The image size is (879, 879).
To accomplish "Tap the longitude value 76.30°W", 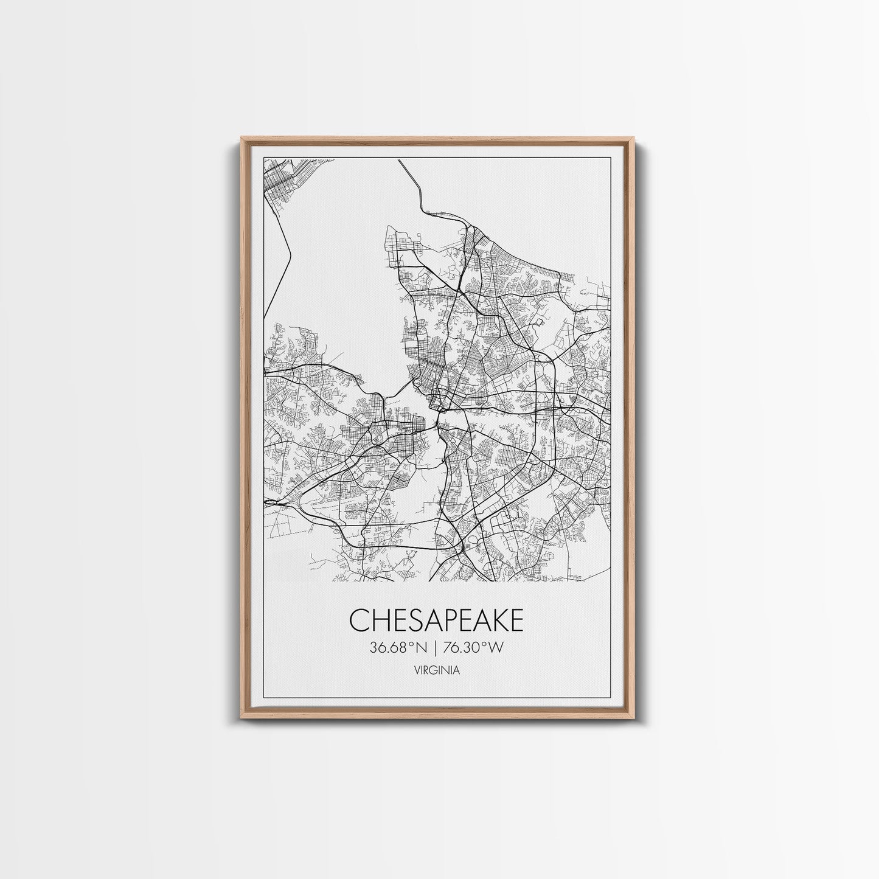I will click(474, 648).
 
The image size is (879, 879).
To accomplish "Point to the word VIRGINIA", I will click(436, 671).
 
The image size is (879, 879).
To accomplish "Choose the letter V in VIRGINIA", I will click(415, 671).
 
